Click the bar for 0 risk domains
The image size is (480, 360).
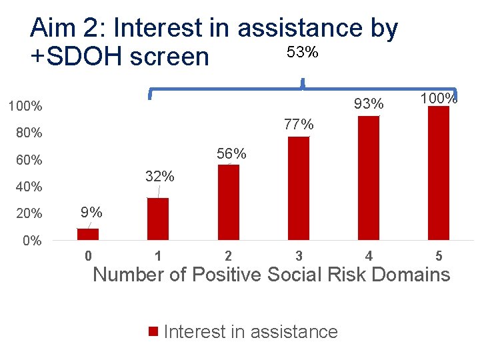coord(88,234)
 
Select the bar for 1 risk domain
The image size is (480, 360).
coord(158,219)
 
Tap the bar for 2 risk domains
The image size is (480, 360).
coord(228,202)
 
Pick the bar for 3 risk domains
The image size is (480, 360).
coord(299,188)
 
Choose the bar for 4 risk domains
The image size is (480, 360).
coord(369,177)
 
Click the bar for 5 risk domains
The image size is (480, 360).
coord(439,173)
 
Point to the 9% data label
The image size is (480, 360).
coord(91,213)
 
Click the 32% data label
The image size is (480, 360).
coord(160,177)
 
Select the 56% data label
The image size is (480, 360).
coord(231,154)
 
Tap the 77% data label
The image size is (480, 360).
coord(299,125)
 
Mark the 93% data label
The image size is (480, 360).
coord(369,104)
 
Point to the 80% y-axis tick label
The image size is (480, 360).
coord(29,133)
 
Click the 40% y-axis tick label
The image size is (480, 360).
coord(29,187)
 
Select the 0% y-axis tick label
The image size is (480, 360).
coord(32,241)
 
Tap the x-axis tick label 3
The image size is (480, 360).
coord(299,256)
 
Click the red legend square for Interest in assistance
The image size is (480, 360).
coord(153,332)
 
